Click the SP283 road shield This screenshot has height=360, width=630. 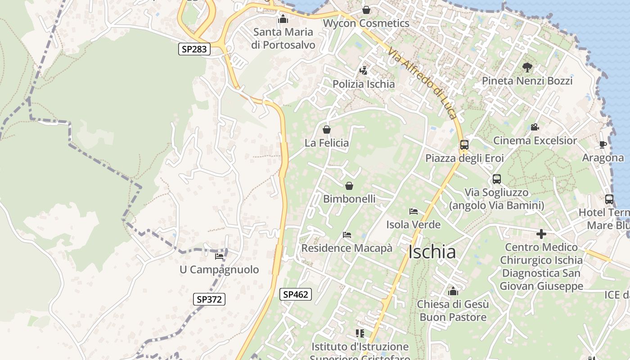tap(195, 49)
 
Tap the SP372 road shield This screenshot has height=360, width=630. tap(209, 299)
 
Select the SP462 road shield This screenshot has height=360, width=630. tap(295, 294)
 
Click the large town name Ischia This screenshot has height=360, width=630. tap(432, 252)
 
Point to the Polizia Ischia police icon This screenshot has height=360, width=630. tap(363, 71)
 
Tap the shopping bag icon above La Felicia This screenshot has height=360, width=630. tap(327, 130)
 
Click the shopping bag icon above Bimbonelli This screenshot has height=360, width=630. tap(349, 185)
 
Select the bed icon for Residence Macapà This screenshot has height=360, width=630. tap(346, 235)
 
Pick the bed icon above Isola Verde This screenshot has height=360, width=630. tap(414, 211)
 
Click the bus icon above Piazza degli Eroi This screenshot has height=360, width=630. tap(464, 145)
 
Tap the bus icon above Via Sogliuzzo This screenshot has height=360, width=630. tap(497, 179)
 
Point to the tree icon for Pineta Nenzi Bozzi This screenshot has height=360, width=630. tap(527, 68)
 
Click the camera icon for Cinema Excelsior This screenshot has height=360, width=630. tap(535, 127)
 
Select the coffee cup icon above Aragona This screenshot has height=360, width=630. tap(603, 145)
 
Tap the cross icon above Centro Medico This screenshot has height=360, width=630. tap(541, 234)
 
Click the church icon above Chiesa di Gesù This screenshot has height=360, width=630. tap(453, 291)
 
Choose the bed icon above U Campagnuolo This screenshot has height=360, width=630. tap(219, 256)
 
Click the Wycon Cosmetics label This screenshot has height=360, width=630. tap(366, 23)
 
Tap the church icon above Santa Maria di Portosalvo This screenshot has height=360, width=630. tap(283, 19)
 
